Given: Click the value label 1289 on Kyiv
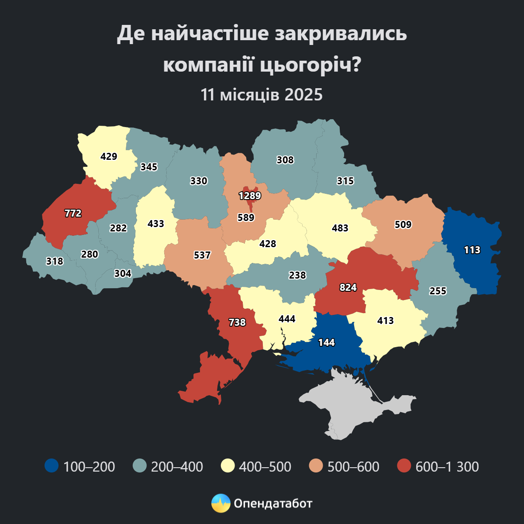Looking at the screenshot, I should point(250,196).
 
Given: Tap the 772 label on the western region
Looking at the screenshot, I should point(73,213).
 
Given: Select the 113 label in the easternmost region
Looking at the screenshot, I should point(472,250).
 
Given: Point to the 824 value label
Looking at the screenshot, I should point(348,287).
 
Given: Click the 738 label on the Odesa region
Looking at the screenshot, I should point(237,322).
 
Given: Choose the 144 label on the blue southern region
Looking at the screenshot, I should point(326,342).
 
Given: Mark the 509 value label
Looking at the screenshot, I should point(403,224).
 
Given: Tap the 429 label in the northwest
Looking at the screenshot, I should point(109,156).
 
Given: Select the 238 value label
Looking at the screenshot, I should point(297,275).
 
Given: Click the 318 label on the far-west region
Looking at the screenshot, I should point(55,261).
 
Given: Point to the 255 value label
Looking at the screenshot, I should point(438,291).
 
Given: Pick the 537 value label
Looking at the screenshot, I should point(202,255).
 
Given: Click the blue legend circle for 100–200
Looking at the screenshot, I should point(52,466).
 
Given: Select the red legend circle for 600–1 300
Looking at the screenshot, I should point(404,466).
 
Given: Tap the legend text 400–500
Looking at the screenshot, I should point(265,466).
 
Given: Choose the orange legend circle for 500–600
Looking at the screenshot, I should point(316,466).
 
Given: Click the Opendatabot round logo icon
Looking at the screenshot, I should point(221,503).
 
